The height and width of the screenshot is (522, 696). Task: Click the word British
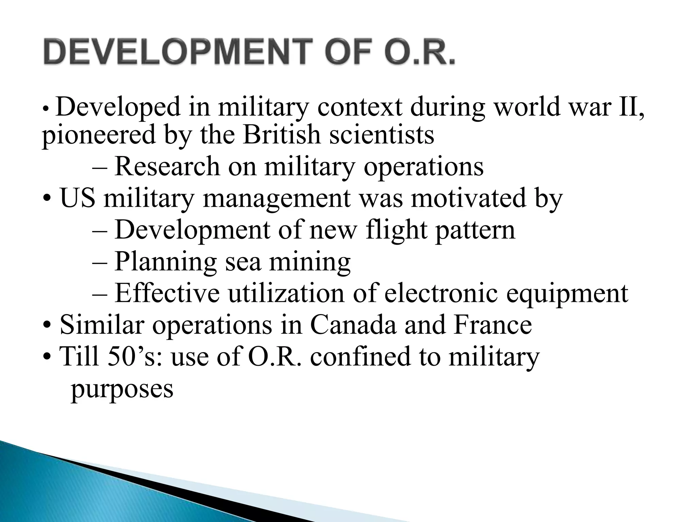(282, 135)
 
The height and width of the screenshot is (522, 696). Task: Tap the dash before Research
(100, 167)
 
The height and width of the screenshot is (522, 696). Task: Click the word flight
(396, 230)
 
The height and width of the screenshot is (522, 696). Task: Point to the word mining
(310, 262)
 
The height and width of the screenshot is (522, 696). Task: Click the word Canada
(353, 325)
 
